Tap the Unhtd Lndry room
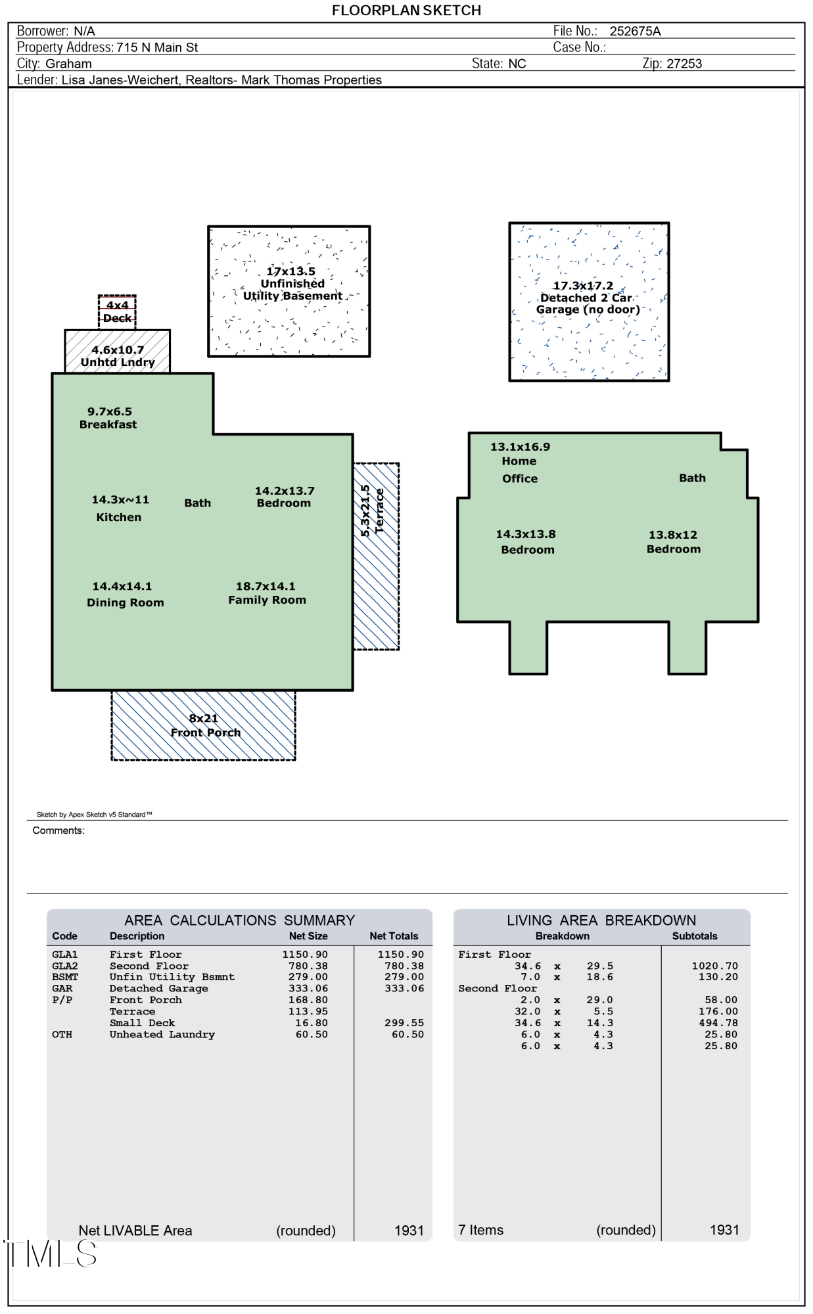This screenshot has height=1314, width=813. coord(117,351)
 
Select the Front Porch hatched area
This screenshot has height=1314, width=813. coord(203,725)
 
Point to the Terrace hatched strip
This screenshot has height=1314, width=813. coord(376,556)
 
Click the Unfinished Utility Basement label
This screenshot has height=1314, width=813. coord(292,284)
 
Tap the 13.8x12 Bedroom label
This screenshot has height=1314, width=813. coord(674,542)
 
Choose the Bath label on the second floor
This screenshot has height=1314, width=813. coord(692,478)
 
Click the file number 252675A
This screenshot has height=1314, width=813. coord(635,31)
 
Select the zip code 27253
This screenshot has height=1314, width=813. coord(684,64)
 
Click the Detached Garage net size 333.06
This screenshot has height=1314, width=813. coord(308,988)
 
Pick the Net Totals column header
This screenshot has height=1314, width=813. coord(394,936)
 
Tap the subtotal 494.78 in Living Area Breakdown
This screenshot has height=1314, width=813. coord(718,1023)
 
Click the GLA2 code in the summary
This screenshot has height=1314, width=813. coord(65,966)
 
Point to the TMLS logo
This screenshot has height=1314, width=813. coord(51,1254)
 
